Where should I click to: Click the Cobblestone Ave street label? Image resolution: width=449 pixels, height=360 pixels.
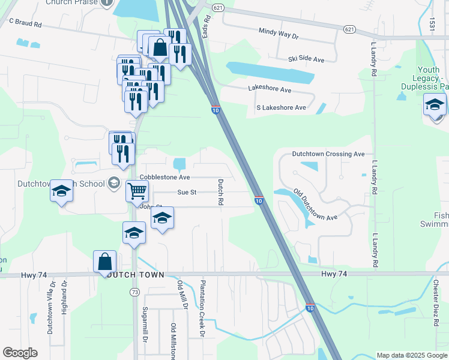[164, 178]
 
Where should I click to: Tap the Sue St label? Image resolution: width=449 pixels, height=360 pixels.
[187, 193]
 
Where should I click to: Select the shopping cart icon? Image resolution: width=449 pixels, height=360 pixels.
[137, 191]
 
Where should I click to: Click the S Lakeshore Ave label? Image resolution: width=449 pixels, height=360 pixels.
[281, 107]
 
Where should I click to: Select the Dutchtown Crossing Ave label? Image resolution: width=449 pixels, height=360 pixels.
[328, 154]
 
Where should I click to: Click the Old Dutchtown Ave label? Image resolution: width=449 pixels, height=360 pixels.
[315, 205]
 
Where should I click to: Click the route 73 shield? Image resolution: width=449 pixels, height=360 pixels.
[133, 292]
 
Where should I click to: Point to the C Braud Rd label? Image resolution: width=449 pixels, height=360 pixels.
[25, 22]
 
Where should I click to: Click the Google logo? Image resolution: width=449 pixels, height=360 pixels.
[20, 353]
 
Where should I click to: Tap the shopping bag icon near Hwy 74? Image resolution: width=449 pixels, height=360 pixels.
[105, 262]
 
